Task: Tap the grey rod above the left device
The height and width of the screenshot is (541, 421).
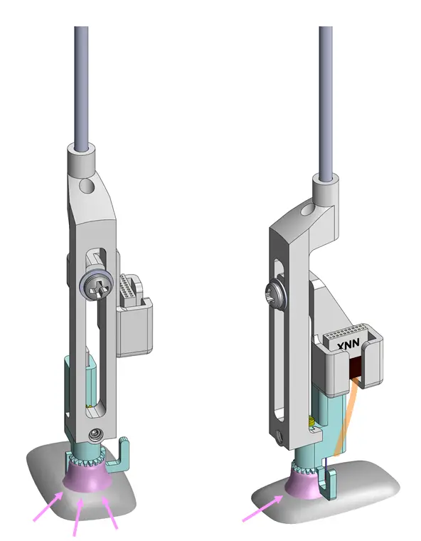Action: tap(82, 85)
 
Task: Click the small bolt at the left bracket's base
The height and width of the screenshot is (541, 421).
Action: tap(94, 434)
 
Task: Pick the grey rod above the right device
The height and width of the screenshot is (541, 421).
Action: tap(326, 93)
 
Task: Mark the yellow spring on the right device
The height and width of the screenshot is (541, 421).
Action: tap(311, 425)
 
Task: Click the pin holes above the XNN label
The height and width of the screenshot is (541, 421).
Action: tap(348, 330)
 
